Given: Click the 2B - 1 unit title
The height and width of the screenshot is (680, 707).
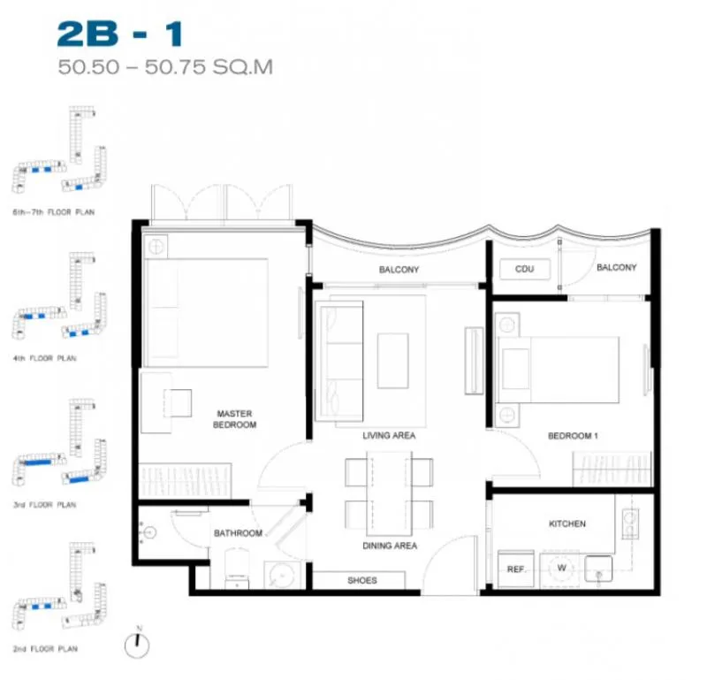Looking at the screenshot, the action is pyautogui.click(x=120, y=34).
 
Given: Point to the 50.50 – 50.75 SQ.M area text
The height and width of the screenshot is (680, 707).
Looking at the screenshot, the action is pyautogui.click(x=165, y=67).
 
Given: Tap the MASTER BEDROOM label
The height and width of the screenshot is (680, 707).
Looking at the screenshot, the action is pyautogui.click(x=234, y=419).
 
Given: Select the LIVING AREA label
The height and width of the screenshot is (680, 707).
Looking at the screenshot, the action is pyautogui.click(x=389, y=435).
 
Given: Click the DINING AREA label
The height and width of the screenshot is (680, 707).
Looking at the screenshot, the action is pyautogui.click(x=390, y=546).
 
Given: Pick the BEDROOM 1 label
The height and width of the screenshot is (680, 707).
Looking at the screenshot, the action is pyautogui.click(x=573, y=435).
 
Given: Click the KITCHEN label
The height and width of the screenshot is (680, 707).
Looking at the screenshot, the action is pyautogui.click(x=566, y=523).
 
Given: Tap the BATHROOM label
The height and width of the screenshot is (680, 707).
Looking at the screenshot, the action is pyautogui.click(x=238, y=533).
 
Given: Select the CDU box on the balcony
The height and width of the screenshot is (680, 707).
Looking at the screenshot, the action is pyautogui.click(x=525, y=269).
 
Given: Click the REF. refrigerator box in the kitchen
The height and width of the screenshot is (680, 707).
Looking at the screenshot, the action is pyautogui.click(x=516, y=569).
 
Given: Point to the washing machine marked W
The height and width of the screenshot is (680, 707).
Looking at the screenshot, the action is pyautogui.click(x=559, y=569).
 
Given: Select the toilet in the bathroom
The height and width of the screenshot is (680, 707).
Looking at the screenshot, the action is pyautogui.click(x=237, y=568).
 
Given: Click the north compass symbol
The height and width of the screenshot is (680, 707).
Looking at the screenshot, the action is pyautogui.click(x=137, y=646).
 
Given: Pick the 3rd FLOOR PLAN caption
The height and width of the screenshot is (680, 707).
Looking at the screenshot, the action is pyautogui.click(x=45, y=504).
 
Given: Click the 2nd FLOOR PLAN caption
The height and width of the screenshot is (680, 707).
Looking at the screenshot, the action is pyautogui.click(x=45, y=648).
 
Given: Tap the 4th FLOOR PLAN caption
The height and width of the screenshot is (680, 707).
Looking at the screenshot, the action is pyautogui.click(x=45, y=358).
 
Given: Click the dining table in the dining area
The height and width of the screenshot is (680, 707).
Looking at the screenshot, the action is pyautogui.click(x=389, y=493).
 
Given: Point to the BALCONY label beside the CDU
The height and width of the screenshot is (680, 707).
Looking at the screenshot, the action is pyautogui.click(x=616, y=268).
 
